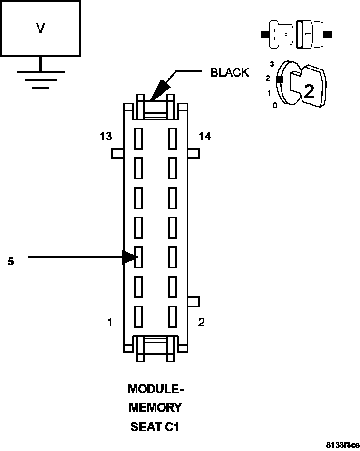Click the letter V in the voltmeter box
40,29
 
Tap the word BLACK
229,73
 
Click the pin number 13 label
106,137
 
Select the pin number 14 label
205,137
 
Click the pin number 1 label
110,323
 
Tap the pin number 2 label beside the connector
201,323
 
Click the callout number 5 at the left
11,261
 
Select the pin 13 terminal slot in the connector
139,139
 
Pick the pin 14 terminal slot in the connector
173,139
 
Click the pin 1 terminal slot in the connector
139,316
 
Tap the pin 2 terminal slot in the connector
173,316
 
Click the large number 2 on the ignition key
309,91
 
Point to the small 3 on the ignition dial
272,63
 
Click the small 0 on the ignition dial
275,106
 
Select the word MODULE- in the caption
156,389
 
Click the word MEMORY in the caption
156,408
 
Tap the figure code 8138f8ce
342,445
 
